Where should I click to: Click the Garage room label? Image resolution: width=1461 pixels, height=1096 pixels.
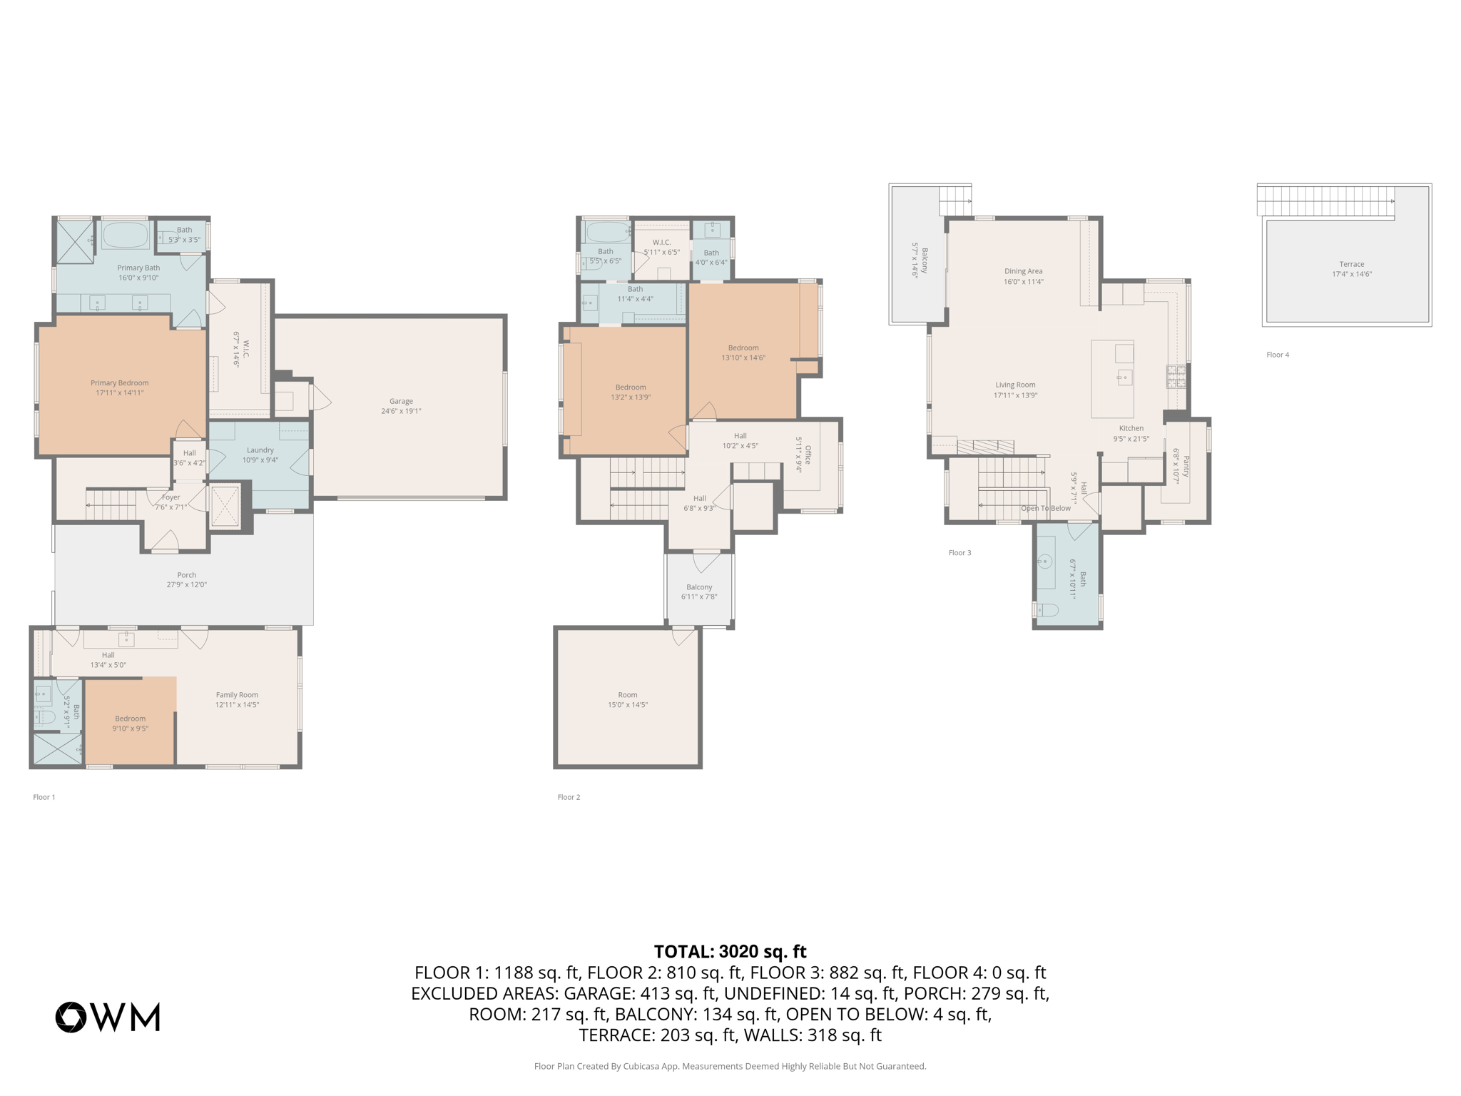tap(401, 405)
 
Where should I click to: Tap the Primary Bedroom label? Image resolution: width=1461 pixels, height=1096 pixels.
tap(120, 387)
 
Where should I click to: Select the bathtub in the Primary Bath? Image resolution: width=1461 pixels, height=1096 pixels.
tap(125, 235)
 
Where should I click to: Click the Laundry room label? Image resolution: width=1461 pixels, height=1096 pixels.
tap(260, 455)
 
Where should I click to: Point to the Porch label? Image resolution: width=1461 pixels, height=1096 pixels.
tap(186, 579)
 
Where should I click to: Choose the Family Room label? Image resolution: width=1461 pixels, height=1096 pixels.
tap(237, 699)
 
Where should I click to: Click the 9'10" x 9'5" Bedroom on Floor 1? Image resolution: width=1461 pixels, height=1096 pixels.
tap(130, 723)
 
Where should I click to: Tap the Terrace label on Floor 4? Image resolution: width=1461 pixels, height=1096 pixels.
tap(1351, 268)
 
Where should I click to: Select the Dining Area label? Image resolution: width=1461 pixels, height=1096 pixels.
tap(1023, 275)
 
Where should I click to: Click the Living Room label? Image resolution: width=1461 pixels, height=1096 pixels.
tap(1015, 389)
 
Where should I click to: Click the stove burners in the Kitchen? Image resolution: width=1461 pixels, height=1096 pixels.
tap(1176, 376)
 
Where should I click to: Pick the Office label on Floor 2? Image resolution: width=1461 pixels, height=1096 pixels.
tap(804, 455)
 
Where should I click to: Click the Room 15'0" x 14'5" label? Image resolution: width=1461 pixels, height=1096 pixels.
tap(627, 699)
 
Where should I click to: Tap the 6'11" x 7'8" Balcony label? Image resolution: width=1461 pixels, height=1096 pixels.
tap(699, 592)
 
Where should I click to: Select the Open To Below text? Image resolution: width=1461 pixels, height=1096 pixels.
tap(1045, 508)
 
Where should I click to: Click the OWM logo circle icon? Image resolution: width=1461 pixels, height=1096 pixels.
tap(71, 1017)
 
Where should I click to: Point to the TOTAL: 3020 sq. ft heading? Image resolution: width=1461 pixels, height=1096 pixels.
tap(730, 951)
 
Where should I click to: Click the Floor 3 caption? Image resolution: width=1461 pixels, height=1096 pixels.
tap(959, 552)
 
